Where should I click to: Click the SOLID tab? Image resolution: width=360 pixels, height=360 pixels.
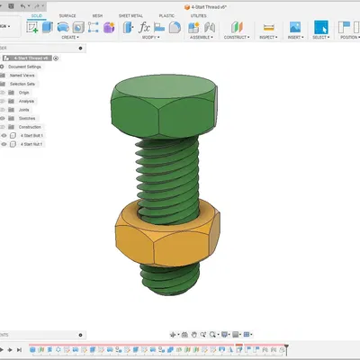click(x=35, y=16)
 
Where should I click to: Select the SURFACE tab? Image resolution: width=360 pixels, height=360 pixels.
click(x=67, y=16)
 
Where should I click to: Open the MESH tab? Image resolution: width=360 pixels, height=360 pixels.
click(x=97, y=16)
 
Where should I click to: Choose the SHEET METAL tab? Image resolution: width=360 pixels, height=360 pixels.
click(x=131, y=16)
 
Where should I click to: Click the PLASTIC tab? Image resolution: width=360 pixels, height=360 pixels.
click(x=166, y=16)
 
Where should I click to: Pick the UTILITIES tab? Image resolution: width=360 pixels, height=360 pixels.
click(x=199, y=16)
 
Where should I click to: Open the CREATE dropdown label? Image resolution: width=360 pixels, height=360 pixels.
click(x=67, y=38)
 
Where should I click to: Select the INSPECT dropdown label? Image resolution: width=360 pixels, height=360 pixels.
click(x=268, y=38)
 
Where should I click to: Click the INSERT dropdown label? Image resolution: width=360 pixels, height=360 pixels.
click(x=294, y=38)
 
